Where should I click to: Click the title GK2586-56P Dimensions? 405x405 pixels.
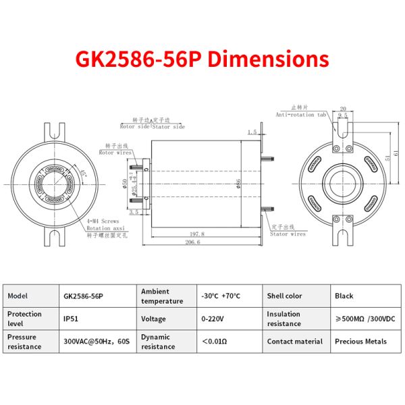click(202, 59)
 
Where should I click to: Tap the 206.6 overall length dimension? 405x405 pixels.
click(194, 242)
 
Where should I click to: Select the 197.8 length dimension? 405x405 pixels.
click(197, 233)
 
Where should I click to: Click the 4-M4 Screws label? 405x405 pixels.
click(103, 221)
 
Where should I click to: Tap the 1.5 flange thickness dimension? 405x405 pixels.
click(252, 132)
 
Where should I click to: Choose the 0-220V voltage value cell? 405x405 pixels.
click(211, 319)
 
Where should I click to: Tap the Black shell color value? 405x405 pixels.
click(344, 296)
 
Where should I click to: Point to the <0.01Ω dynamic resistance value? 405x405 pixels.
click(215, 342)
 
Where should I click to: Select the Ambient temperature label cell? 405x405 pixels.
click(162, 296)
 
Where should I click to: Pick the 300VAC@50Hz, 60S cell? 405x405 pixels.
click(97, 342)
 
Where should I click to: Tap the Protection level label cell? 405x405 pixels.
click(24, 319)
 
